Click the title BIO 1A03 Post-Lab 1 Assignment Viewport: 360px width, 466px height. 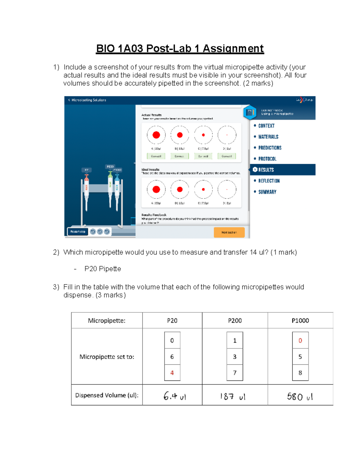pyautogui.click(x=180, y=48)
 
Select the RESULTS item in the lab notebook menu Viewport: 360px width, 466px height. pyautogui.click(x=266, y=170)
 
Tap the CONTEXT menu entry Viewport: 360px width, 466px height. pyautogui.click(x=266, y=126)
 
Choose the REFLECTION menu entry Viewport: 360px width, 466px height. pyautogui.click(x=269, y=181)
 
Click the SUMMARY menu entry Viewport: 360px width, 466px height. pyautogui.click(x=267, y=192)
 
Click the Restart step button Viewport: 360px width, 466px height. pyautogui.click(x=78, y=232)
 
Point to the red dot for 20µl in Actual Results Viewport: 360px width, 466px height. pyautogui.click(x=156, y=135)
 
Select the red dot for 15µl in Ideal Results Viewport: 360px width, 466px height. pyautogui.click(x=180, y=189)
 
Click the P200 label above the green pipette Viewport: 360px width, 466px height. pyautogui.click(x=110, y=167)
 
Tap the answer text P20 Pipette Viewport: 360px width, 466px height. pyautogui.click(x=103, y=269)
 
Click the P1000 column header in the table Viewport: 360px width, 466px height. pyautogui.click(x=300, y=320)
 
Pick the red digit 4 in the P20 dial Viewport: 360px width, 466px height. pyautogui.click(x=172, y=373)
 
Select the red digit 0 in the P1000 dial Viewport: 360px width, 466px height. pyautogui.click(x=300, y=341)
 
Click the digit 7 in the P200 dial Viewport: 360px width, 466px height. pyautogui.click(x=235, y=373)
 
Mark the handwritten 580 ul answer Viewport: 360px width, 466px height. pyautogui.click(x=300, y=397)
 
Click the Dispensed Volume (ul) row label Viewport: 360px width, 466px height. pyautogui.click(x=107, y=395)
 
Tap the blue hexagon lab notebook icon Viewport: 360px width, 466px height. pyautogui.click(x=250, y=113)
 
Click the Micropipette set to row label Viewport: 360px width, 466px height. pyautogui.click(x=107, y=357)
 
